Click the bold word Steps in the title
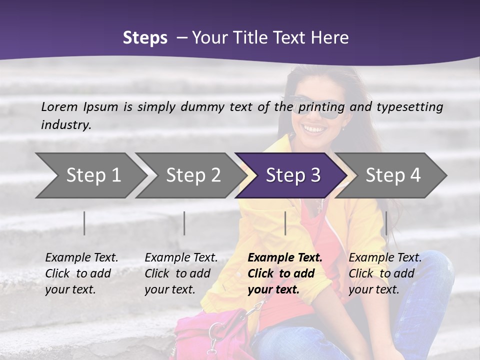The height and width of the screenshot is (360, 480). tap(145, 38)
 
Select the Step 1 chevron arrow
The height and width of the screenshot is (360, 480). tap(90, 175)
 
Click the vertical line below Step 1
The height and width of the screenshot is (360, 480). tap(84, 223)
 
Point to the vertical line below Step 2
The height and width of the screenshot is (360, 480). tap(184, 223)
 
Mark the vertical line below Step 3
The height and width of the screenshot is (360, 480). tap(285, 223)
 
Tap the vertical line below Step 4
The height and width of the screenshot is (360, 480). tap(386, 223)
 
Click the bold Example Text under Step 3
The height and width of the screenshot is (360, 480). tap(285, 258)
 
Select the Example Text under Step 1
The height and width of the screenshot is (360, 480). tap(81, 258)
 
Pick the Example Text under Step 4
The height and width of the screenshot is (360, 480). tap(385, 258)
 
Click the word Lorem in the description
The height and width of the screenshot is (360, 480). tap(59, 106)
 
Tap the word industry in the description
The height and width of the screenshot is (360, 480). tap(65, 125)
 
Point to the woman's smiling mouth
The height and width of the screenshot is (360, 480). tap(314, 129)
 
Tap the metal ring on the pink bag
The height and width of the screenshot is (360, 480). tap(215, 331)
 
